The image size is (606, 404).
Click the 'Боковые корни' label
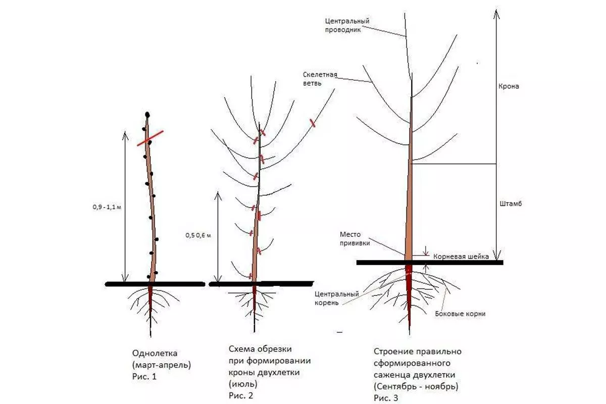(x=460, y=313)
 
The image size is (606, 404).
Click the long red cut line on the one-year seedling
(x=150, y=138)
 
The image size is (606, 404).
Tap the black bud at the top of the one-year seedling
(x=147, y=114)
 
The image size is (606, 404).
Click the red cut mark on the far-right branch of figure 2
(x=313, y=122)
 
